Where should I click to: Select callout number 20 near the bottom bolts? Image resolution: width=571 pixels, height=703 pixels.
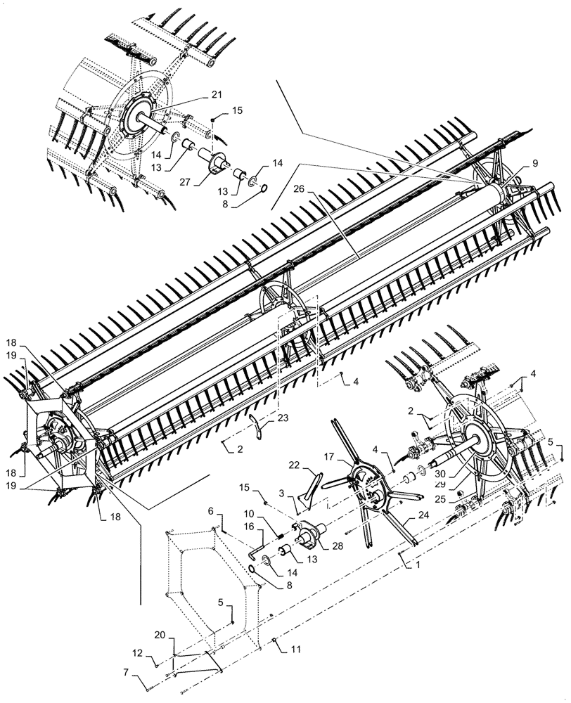click(160, 635)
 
